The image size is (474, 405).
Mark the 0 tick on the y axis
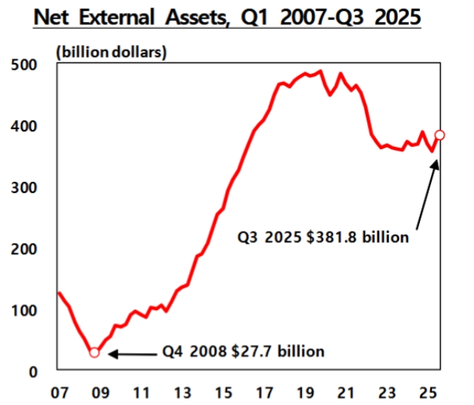pos(33,372)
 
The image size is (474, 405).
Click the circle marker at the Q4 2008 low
pos(94,352)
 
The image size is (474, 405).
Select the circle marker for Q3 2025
pos(440,135)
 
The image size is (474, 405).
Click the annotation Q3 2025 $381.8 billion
pos(323,238)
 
